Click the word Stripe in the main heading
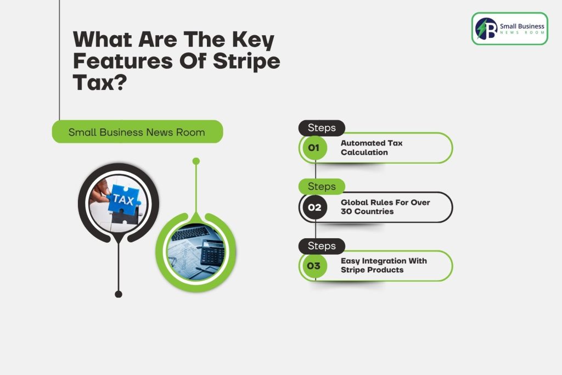(x=246, y=61)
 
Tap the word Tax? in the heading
(x=100, y=82)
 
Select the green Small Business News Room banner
(x=137, y=132)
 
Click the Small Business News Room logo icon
(x=486, y=29)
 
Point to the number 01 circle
(x=313, y=148)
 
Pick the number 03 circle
(x=313, y=266)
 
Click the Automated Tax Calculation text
(x=372, y=148)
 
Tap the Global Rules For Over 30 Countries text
(x=385, y=207)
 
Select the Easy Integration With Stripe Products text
(x=384, y=265)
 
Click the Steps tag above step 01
(x=322, y=127)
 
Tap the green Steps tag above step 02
(x=322, y=187)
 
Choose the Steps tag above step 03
(x=322, y=246)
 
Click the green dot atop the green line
(x=196, y=161)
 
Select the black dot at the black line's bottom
(x=119, y=294)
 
